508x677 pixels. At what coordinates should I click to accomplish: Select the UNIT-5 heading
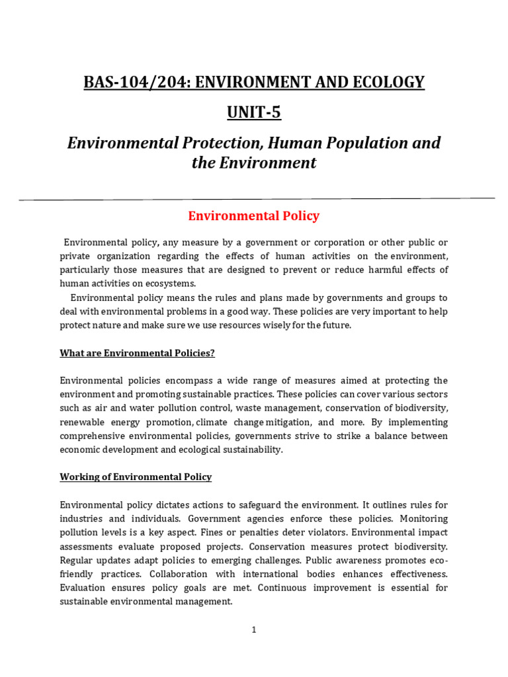[254, 112]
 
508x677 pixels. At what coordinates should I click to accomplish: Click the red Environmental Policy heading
[254, 216]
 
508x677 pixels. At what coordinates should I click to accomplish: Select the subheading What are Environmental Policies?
[137, 353]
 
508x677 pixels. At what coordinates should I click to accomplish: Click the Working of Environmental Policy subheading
[136, 477]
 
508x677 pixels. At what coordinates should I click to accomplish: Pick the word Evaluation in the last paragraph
[83, 588]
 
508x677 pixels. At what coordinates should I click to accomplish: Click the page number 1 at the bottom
[254, 630]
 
